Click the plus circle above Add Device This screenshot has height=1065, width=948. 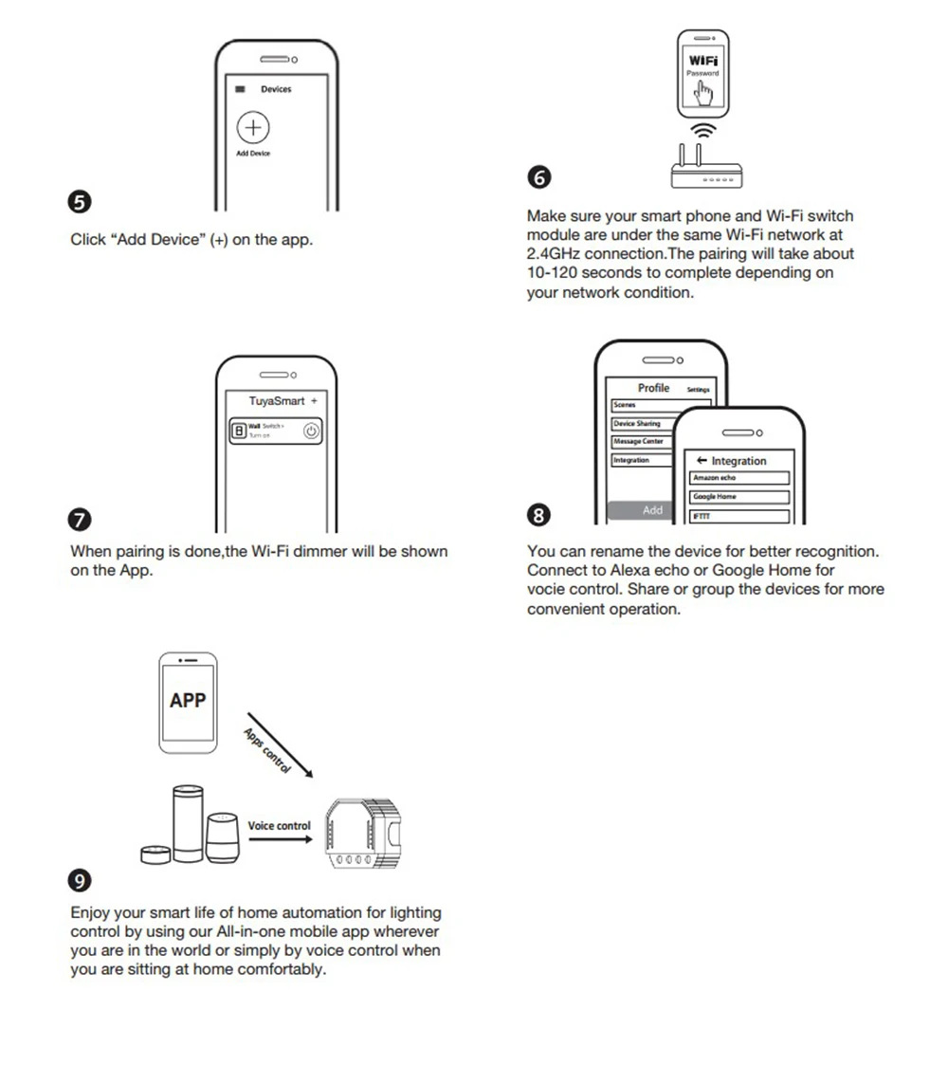tap(253, 128)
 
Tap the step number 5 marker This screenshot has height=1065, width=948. tap(82, 202)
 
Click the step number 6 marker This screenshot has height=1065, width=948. tap(538, 178)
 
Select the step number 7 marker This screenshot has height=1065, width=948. tap(82, 520)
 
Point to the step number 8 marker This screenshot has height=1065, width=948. tap(538, 515)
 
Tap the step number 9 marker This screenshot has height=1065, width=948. tap(82, 881)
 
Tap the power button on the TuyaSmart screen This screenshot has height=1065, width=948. tap(311, 432)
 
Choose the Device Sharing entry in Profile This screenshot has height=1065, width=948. tap(648, 423)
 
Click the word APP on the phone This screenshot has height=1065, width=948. tap(188, 701)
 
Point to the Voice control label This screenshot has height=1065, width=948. tap(279, 826)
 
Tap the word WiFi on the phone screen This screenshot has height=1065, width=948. tap(703, 61)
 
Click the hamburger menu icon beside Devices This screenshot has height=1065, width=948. tap(241, 89)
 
